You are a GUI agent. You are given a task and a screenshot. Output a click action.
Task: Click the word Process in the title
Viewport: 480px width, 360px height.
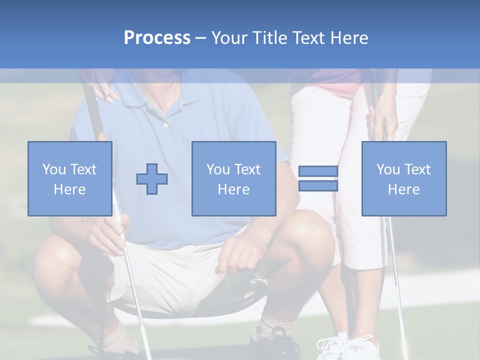(157, 38)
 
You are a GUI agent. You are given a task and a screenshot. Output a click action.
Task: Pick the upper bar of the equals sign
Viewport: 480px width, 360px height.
(318, 171)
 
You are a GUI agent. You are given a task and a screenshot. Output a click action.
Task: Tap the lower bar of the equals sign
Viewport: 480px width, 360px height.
(318, 185)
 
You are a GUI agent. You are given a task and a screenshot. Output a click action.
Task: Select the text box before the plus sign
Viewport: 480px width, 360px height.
(69, 178)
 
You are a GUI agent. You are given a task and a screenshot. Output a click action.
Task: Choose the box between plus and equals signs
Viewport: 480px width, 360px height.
(233, 178)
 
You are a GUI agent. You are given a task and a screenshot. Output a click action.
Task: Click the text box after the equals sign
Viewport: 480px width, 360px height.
(403, 178)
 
